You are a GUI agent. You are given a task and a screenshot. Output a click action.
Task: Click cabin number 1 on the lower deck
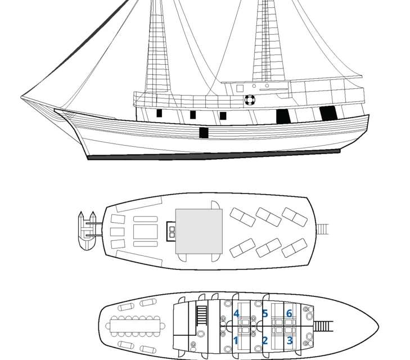click(x=236, y=340)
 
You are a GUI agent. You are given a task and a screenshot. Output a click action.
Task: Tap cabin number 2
click(x=265, y=340)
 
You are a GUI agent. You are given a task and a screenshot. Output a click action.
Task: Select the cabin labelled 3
click(x=290, y=340)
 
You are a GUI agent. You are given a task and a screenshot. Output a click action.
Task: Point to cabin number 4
click(x=237, y=313)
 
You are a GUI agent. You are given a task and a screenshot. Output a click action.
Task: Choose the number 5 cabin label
click(x=264, y=313)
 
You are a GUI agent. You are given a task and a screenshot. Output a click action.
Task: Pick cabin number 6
click(x=289, y=313)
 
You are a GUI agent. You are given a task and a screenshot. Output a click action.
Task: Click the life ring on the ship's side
click(x=250, y=100)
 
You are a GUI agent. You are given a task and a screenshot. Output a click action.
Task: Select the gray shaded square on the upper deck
click(x=199, y=231)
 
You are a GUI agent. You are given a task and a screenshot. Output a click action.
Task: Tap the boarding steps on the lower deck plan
click(x=323, y=326)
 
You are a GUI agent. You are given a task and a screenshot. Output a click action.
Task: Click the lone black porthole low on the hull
click(x=204, y=133)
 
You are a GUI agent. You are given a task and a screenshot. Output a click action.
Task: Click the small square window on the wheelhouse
click(x=240, y=88)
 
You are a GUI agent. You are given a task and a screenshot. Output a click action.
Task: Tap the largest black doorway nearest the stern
click(x=328, y=113)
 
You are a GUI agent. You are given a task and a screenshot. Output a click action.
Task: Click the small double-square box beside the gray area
click(x=172, y=229)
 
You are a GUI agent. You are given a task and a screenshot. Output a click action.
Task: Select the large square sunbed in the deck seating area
click(x=145, y=231)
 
